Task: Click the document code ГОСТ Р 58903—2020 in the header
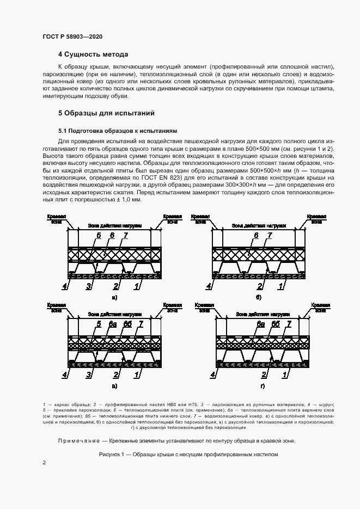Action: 72,36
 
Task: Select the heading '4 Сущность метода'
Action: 93,54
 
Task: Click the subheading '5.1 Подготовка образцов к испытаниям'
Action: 118,131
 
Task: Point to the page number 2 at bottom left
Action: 45,463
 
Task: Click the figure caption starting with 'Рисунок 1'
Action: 188,454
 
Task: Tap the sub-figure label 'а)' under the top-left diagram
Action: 114,297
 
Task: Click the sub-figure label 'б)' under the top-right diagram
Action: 259,297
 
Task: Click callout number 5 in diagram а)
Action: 99,235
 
